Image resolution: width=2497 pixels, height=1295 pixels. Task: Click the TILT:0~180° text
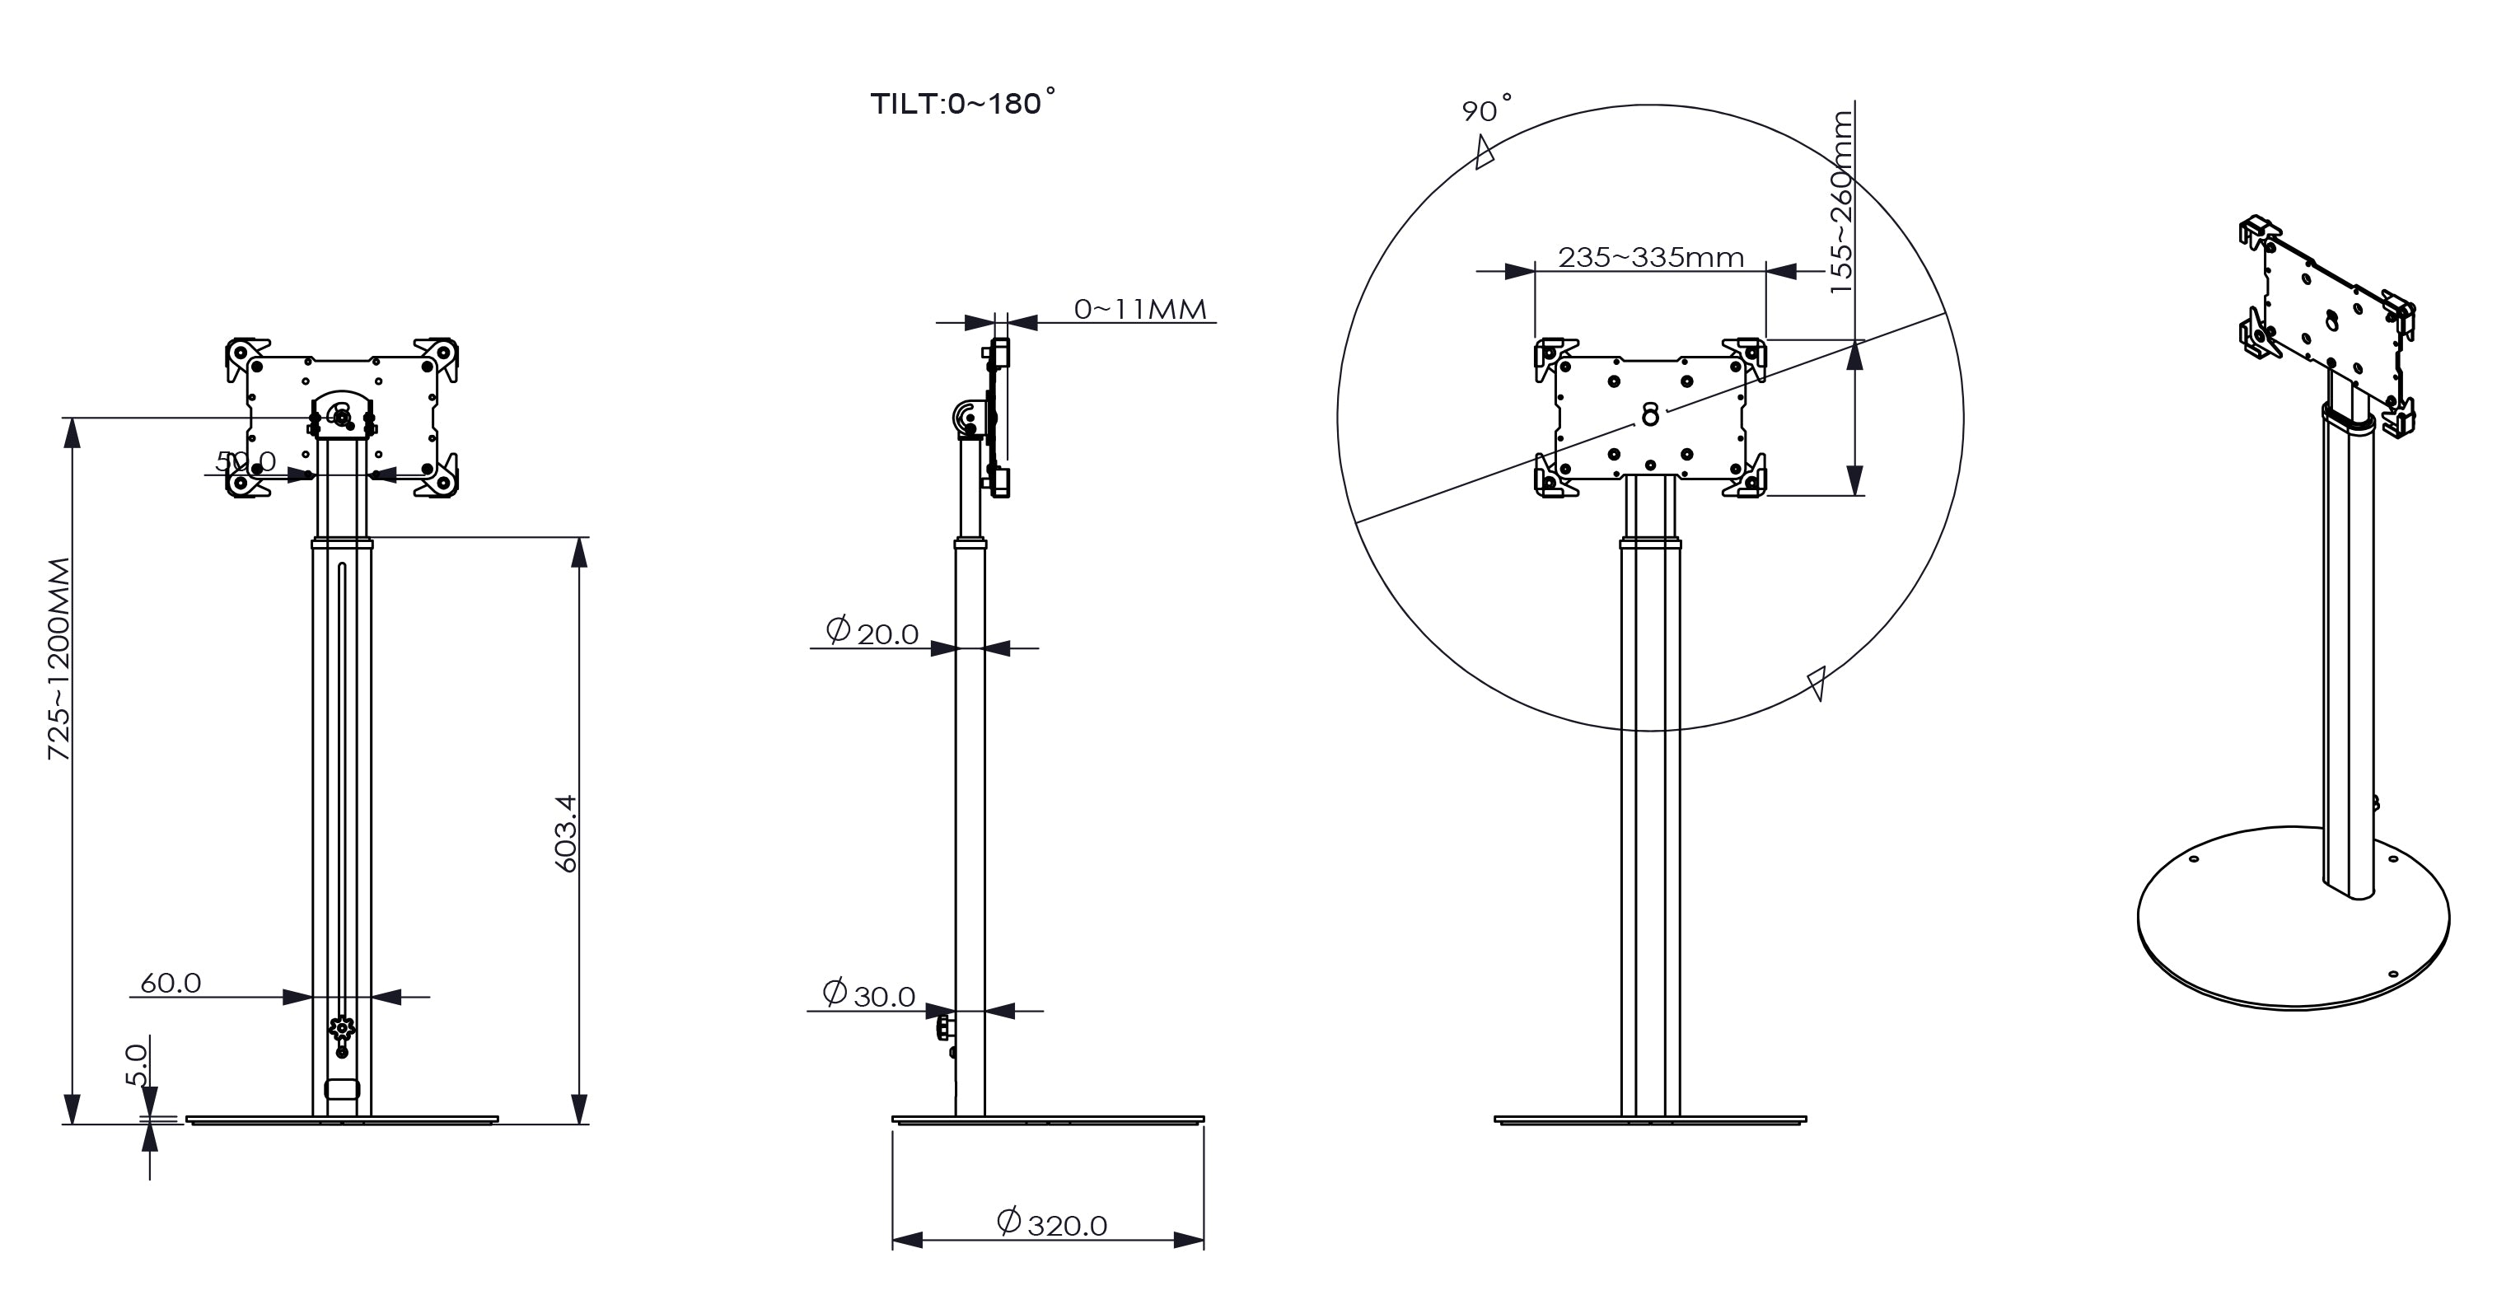pyautogui.click(x=961, y=104)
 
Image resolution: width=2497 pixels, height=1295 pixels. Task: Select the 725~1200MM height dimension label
pyautogui.click(x=59, y=658)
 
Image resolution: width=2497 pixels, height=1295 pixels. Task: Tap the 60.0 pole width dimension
pyautogui.click(x=171, y=983)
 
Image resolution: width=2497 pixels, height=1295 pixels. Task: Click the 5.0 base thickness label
pyautogui.click(x=138, y=1064)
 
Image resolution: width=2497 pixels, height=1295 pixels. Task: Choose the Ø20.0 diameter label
pyautogui.click(x=872, y=632)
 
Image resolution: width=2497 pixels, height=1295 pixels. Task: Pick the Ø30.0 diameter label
pyautogui.click(x=868, y=994)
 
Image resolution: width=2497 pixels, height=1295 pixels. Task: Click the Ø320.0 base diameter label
pyautogui.click(x=1052, y=1224)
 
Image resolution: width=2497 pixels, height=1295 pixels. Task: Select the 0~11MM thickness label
pyautogui.click(x=1140, y=309)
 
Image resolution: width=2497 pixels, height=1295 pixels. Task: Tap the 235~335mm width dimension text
pyautogui.click(x=1650, y=257)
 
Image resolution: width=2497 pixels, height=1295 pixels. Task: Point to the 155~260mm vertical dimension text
pyautogui.click(x=1840, y=202)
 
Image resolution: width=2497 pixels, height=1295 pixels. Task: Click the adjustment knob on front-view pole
pyautogui.click(x=341, y=1030)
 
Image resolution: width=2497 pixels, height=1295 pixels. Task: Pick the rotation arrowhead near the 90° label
pyautogui.click(x=1483, y=153)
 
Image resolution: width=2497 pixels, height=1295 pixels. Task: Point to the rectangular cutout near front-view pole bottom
pyautogui.click(x=341, y=1088)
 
